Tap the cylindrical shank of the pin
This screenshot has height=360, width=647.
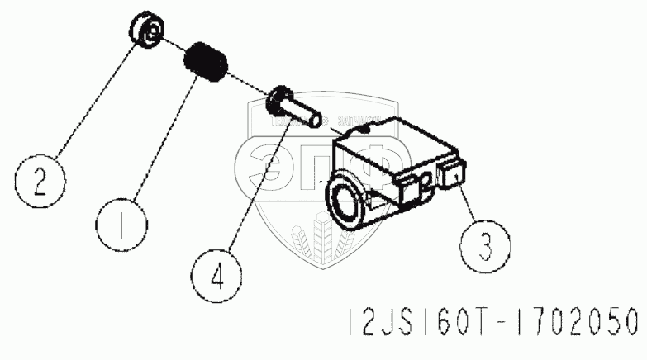[305, 111]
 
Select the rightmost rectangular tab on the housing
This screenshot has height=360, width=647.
[453, 175]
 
